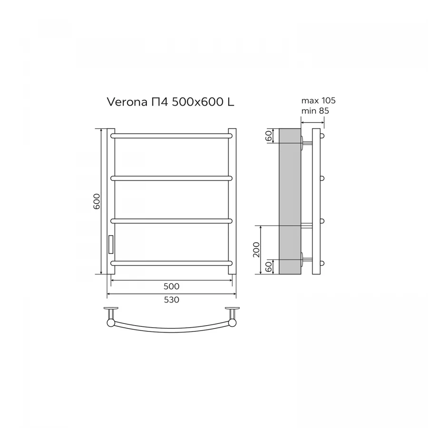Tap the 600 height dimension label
pos(97,202)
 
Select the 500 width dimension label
pos(171,286)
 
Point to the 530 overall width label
pos(171,300)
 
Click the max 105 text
pos(318,101)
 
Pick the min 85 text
pos(315,111)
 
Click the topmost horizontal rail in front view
pos(171,136)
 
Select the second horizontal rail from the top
pos(171,178)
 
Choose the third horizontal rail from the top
pos(171,221)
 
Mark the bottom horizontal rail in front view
pos(171,263)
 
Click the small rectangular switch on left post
pos(110,244)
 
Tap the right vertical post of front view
pos(232,201)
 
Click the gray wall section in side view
pos(289,201)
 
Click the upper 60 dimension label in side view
pos(268,136)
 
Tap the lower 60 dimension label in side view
pos(268,267)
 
